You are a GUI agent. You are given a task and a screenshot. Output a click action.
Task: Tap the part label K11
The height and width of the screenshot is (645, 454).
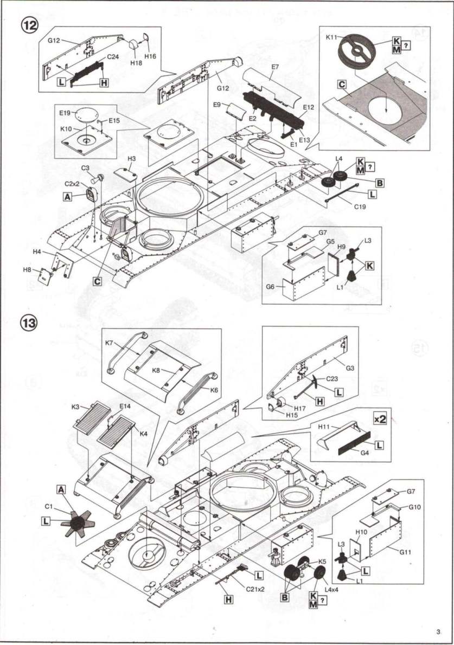tap(331, 37)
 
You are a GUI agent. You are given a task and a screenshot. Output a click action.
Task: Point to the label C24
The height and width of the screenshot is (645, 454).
tap(112, 56)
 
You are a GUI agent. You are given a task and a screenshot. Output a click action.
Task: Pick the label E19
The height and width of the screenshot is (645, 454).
tap(65, 113)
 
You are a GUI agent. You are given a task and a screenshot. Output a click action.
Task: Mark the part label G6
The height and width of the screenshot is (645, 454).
tap(270, 286)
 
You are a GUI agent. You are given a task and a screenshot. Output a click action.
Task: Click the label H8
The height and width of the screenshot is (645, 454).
tap(27, 269)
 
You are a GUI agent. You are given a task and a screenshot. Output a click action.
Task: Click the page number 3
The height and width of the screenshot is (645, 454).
tap(438, 631)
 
